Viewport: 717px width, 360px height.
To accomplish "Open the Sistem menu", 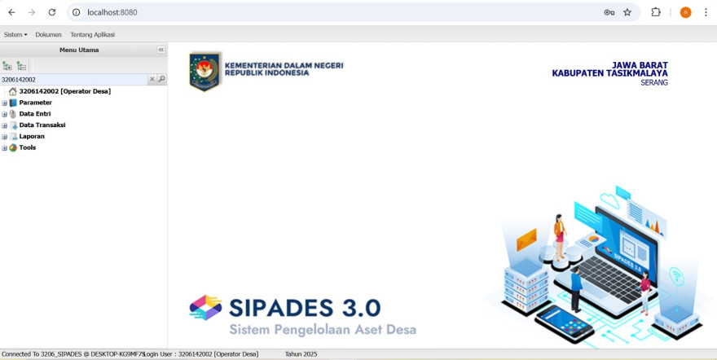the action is click(15, 35).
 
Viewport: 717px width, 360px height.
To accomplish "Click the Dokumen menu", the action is click(48, 35).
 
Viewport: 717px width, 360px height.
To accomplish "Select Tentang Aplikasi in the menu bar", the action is click(92, 35).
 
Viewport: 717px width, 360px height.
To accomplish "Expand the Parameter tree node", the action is click(5, 103).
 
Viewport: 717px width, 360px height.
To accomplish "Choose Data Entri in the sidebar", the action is click(35, 114).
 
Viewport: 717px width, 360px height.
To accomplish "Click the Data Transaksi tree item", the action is click(42, 125).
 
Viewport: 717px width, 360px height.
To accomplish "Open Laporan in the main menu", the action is click(32, 136).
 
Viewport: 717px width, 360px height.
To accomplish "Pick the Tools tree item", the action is click(28, 147).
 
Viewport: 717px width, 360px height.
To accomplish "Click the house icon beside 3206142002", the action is click(13, 91).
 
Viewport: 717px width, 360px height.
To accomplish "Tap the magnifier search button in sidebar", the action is click(161, 79).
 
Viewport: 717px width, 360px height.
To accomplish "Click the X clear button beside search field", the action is click(152, 79).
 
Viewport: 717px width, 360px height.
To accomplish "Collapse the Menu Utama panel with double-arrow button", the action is click(161, 50).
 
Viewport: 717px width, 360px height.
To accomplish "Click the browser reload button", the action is click(52, 12).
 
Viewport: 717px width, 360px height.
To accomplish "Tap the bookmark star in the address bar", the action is click(627, 12).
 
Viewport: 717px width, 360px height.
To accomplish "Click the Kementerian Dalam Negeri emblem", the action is click(205, 72).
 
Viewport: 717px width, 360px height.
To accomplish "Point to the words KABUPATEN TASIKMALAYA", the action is click(609, 73).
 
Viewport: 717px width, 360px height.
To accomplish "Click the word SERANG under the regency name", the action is click(654, 83).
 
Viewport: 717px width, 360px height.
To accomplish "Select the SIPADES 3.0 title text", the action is click(305, 308).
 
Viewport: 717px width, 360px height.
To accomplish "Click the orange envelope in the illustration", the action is click(526, 239).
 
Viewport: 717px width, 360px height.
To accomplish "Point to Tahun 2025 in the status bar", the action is click(301, 354).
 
